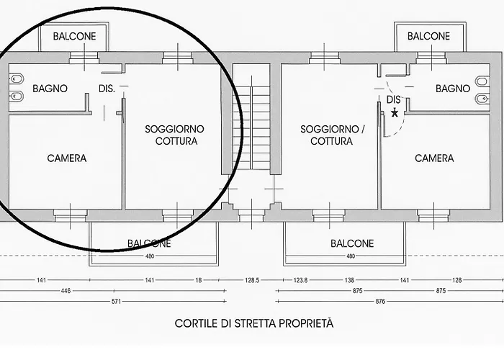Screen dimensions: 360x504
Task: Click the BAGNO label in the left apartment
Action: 50,89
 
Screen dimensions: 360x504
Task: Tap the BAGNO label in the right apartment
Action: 452,89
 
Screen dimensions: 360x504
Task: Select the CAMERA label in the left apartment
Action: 66,158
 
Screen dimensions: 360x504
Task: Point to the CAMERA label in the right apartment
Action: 434,158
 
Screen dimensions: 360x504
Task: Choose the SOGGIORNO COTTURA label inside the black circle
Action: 175,135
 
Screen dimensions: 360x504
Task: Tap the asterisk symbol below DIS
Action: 394,113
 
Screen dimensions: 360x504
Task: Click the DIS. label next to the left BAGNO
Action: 107,89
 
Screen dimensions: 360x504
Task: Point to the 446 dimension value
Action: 66,292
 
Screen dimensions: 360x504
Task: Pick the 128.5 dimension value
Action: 251,281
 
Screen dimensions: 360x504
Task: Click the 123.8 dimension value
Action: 300,281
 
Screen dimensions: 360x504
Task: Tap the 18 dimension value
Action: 198,281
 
